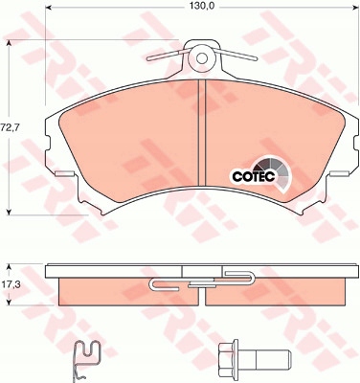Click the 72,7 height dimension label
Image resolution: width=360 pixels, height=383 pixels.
coord(10,127)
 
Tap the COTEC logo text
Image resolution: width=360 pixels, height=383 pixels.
coord(254,176)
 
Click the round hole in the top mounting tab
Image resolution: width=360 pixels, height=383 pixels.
coord(201,58)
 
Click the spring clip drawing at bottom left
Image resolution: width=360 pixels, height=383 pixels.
coord(87,361)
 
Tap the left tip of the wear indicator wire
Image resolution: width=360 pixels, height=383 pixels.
coord(148,59)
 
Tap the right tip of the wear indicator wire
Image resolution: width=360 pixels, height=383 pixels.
coord(256,58)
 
